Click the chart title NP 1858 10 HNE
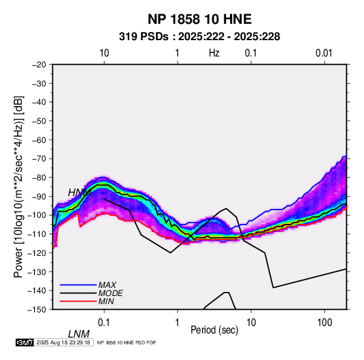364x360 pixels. point(199,19)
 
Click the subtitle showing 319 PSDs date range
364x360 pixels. point(199,37)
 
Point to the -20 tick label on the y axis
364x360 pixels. point(39,65)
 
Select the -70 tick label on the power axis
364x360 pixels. point(39,159)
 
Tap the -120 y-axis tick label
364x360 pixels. point(37,252)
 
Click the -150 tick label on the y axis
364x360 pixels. point(37,310)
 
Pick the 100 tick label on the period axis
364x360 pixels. point(324,323)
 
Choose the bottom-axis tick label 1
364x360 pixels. point(178,323)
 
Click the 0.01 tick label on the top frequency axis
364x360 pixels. point(324,53)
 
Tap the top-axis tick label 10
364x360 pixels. point(104,53)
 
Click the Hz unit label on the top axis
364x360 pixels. point(214,53)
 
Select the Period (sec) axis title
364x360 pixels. point(214,330)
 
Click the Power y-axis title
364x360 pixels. point(18,186)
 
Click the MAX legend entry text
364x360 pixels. point(107,284)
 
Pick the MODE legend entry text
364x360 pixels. point(110,293)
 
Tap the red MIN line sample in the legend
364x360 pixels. point(78,301)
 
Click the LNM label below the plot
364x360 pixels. point(79,334)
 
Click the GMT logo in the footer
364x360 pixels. point(25,342)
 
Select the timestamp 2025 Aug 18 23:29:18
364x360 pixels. point(63,342)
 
